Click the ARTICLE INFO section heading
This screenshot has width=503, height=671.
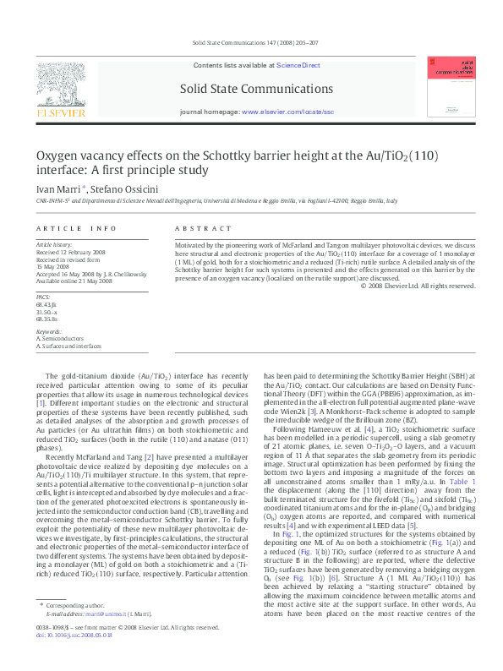click(76, 229)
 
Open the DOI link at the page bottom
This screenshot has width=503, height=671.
click(75, 657)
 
